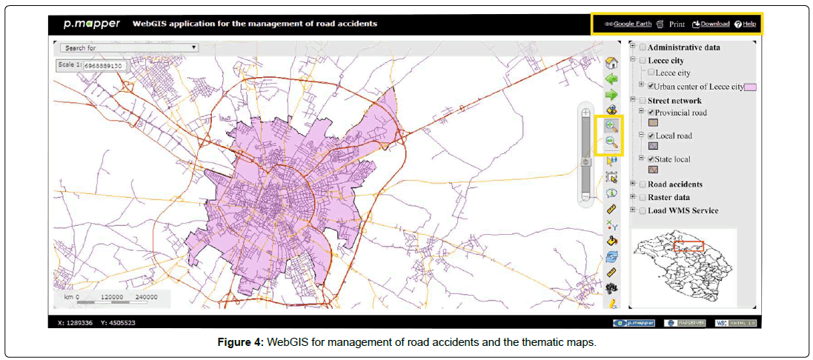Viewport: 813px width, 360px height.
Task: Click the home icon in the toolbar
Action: [611, 63]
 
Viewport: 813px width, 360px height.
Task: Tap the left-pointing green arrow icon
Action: [611, 79]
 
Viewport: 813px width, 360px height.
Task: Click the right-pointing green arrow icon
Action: [611, 95]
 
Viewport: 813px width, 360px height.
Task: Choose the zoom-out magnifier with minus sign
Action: [612, 143]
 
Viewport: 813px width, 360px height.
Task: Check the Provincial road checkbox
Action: [651, 113]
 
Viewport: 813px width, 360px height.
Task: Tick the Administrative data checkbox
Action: [643, 47]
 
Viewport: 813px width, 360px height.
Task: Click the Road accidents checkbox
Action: [643, 184]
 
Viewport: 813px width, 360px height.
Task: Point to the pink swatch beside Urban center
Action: [750, 87]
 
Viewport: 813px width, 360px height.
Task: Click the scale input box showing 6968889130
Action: [104, 65]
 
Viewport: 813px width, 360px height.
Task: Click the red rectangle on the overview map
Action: [688, 246]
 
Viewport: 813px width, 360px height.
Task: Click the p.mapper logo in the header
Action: [91, 24]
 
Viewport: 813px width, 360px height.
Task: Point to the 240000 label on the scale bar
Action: [148, 296]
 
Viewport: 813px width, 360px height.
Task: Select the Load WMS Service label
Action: [683, 210]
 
